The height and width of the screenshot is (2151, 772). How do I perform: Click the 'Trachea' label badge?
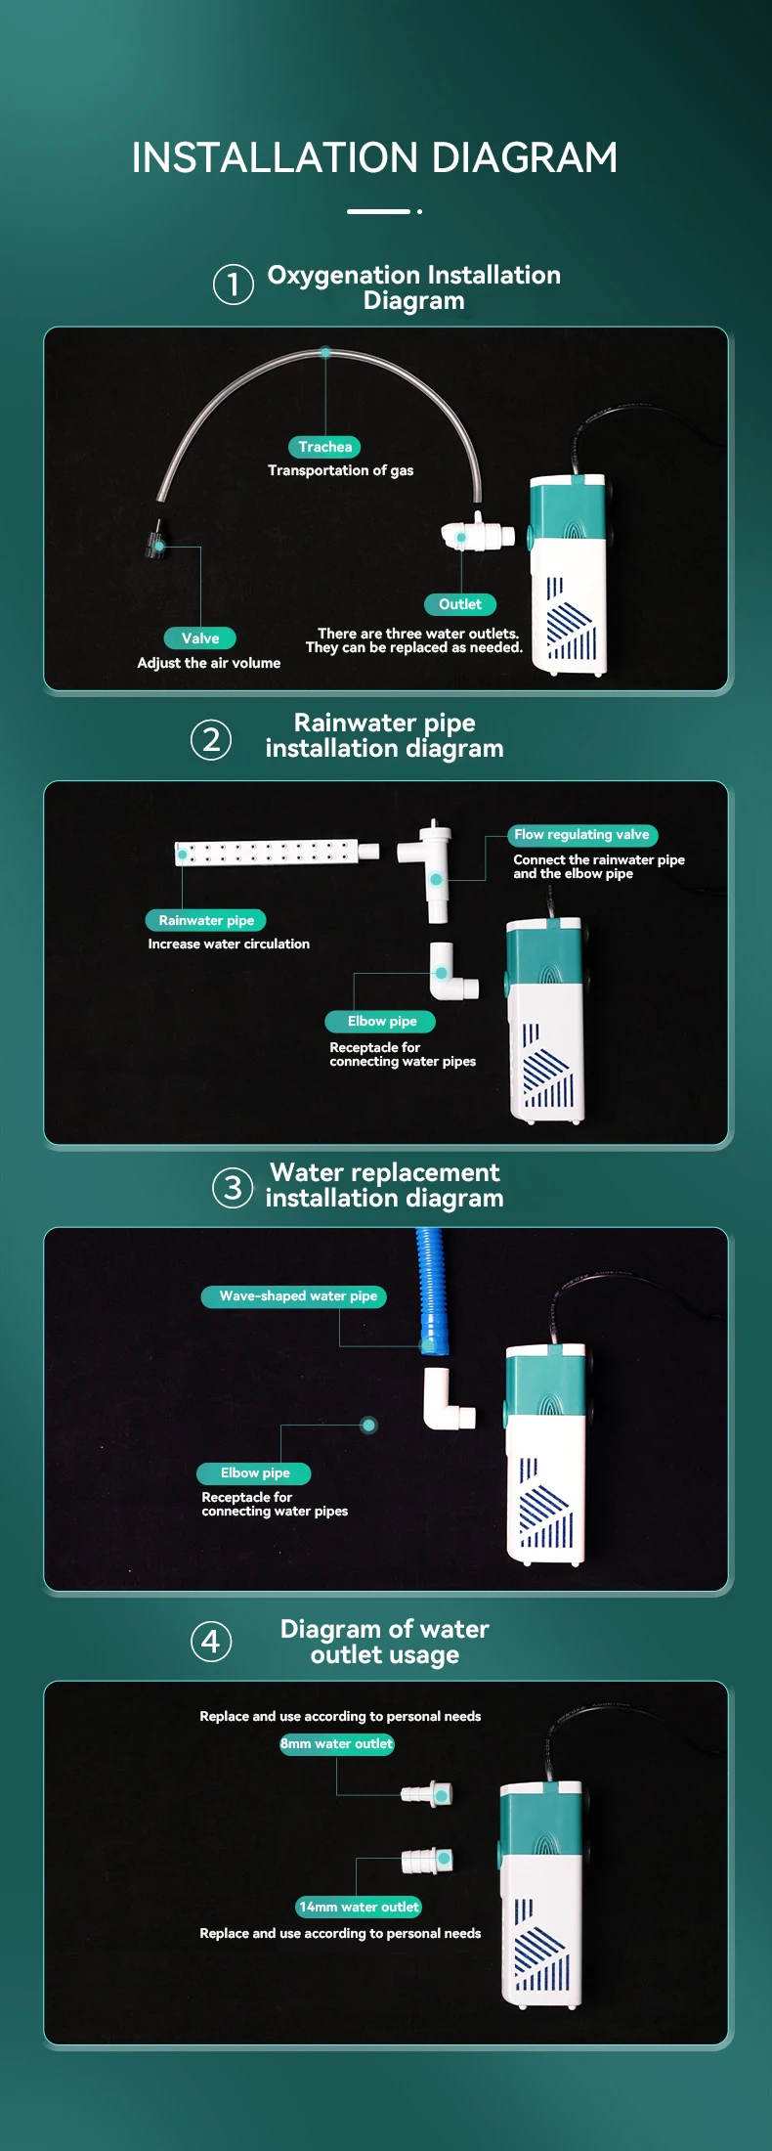(x=325, y=447)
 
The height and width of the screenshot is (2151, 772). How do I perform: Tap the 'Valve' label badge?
(x=200, y=638)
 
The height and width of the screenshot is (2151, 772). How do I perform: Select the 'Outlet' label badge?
(x=460, y=604)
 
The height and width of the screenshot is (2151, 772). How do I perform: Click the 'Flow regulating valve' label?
(x=582, y=835)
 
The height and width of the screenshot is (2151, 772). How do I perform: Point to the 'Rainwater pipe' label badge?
(x=206, y=920)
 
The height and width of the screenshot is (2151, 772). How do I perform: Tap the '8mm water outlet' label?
(x=337, y=1744)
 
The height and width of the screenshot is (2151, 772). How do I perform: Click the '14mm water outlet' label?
(x=359, y=1907)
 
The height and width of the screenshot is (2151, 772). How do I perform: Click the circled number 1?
(x=234, y=285)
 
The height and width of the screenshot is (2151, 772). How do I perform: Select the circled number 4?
(x=211, y=1642)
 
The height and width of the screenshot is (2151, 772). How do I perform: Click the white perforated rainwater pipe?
(x=278, y=853)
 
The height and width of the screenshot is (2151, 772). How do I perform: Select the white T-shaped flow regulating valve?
(x=430, y=868)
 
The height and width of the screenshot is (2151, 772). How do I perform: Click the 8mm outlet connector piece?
(x=427, y=1794)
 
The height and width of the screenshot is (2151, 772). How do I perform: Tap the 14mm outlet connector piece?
(x=428, y=1860)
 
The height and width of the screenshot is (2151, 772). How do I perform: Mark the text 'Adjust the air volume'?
(x=209, y=663)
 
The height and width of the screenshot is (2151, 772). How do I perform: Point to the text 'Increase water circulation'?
(x=229, y=944)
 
